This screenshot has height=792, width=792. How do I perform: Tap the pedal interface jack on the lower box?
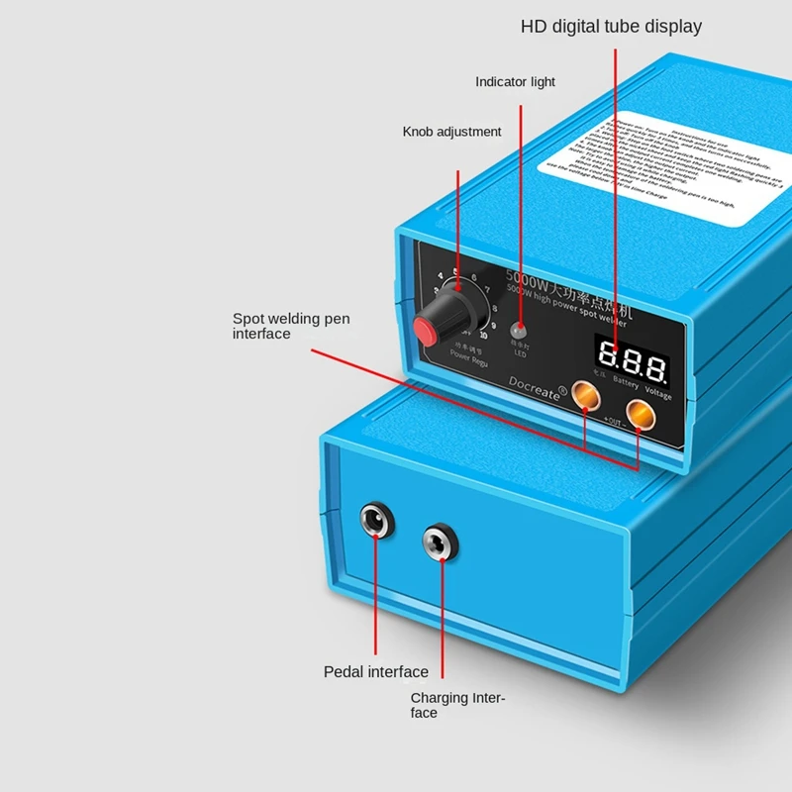point(375,522)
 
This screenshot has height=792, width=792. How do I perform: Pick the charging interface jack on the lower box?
point(439,542)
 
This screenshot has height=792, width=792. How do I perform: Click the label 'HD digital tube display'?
point(611,27)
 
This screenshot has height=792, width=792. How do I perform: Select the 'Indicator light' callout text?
point(515,82)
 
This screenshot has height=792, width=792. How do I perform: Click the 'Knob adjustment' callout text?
point(451,132)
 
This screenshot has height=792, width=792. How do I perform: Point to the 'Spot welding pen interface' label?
point(291,326)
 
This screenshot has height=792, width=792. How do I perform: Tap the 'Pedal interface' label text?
point(376,672)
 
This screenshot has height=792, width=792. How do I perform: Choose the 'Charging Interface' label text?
point(457,705)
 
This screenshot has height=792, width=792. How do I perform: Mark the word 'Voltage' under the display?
point(657,394)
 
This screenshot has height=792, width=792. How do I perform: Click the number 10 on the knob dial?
point(483,335)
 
